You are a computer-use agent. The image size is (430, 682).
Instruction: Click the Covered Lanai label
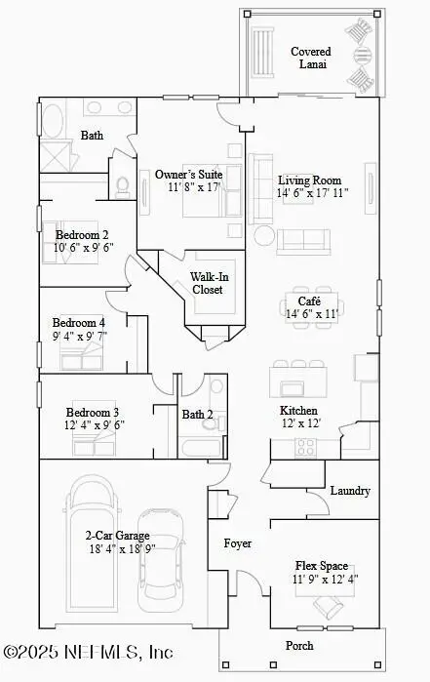point(310,58)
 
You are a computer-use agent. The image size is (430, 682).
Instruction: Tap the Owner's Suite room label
point(189,175)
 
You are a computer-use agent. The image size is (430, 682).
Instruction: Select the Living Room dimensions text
point(312,193)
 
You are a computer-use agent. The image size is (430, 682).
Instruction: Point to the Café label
point(296,301)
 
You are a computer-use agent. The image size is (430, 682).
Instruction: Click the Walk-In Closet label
point(207,283)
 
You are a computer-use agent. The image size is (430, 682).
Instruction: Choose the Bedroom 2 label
point(81,234)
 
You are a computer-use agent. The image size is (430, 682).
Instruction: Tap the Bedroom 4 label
point(78,323)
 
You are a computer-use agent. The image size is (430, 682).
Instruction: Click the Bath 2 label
point(198,415)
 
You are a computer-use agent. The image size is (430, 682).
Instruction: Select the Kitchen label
point(298,411)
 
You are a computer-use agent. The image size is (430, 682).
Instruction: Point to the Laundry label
point(350,491)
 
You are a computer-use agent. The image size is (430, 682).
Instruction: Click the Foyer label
point(238,542)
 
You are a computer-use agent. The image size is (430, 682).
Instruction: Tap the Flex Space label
point(322,565)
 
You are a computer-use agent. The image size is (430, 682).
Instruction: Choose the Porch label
point(299,646)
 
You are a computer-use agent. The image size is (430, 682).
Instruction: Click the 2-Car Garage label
point(118,536)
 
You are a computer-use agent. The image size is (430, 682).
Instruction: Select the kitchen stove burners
point(306,447)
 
